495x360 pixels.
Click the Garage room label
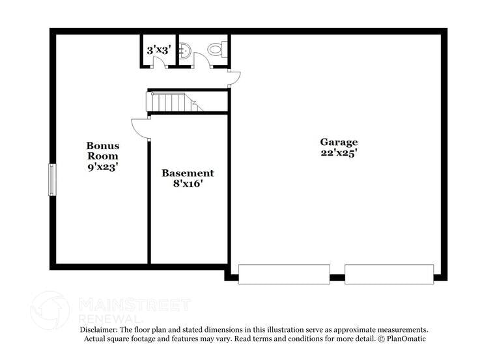[x=339, y=143]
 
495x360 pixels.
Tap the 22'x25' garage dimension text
[x=339, y=153]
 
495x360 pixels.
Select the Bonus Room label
[x=103, y=151]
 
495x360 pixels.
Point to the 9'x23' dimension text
[x=103, y=167]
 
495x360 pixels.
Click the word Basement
[x=188, y=173]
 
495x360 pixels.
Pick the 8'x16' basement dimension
[x=188, y=184]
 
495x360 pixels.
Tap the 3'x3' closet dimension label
[x=159, y=50]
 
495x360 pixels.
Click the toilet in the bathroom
[x=217, y=49]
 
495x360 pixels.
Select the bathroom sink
[x=185, y=50]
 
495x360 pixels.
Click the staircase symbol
[x=175, y=102]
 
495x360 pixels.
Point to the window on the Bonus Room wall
[x=52, y=180]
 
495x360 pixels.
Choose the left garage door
[x=284, y=275]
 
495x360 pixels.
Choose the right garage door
[x=389, y=275]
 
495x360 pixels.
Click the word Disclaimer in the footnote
[x=98, y=330]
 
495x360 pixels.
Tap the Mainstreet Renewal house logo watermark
[x=50, y=311]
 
